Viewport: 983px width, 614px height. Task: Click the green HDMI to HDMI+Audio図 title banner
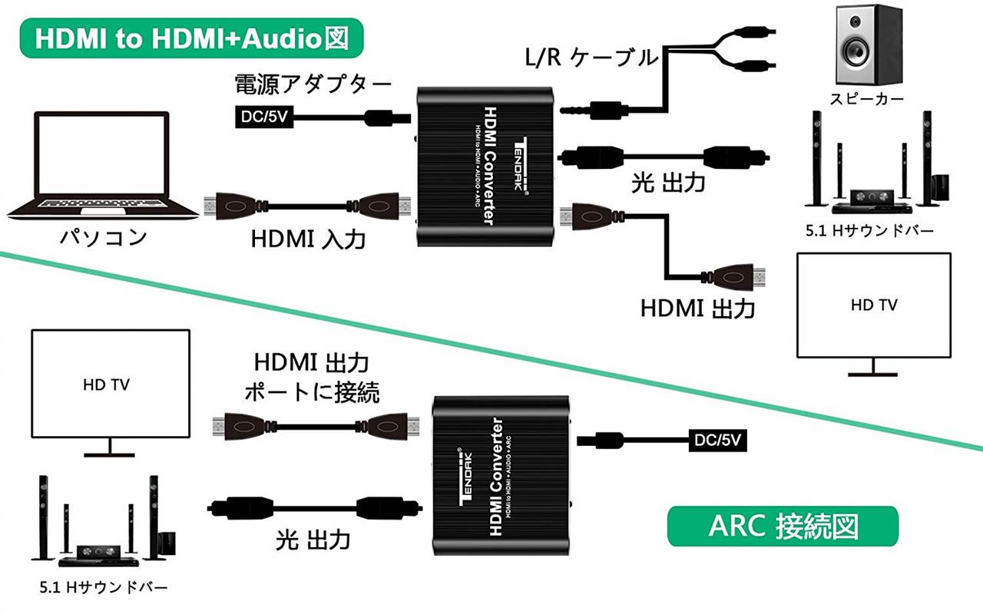192,38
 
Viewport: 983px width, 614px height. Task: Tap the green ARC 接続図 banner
783,527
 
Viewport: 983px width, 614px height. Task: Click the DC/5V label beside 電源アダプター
264,117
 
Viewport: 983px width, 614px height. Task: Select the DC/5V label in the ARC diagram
717,440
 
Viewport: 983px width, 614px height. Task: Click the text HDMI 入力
308,239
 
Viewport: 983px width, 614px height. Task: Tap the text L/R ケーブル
591,58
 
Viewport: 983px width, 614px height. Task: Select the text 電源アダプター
313,84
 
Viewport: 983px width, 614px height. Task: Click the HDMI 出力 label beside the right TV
698,309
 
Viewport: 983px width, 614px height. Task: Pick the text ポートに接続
312,391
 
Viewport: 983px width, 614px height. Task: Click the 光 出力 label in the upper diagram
668,183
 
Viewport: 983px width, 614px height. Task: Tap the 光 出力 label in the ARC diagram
313,540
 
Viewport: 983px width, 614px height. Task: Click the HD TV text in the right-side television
874,305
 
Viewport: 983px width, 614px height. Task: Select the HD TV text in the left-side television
106,385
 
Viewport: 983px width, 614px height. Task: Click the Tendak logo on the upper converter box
521,165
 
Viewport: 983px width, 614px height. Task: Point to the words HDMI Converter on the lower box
496,477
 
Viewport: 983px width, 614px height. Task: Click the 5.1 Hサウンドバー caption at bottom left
103,587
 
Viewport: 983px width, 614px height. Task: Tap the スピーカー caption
867,99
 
